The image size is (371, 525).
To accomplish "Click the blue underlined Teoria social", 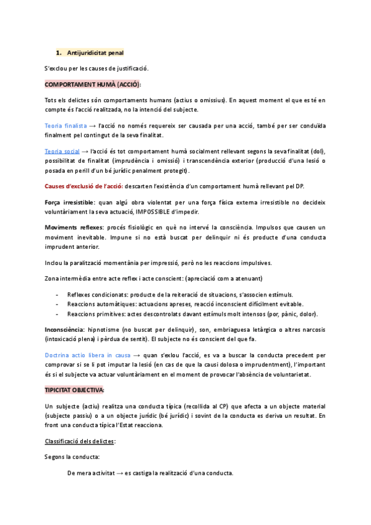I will [62, 151].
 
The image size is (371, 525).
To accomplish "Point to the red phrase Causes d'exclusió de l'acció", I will [83, 187].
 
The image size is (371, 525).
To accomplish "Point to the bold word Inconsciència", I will [68, 329].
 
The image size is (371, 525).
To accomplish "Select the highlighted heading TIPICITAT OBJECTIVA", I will [75, 390].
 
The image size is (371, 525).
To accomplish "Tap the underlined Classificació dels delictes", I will [80, 441].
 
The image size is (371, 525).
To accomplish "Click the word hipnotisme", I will [119, 329].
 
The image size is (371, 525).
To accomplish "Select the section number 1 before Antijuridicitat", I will [58, 53].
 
